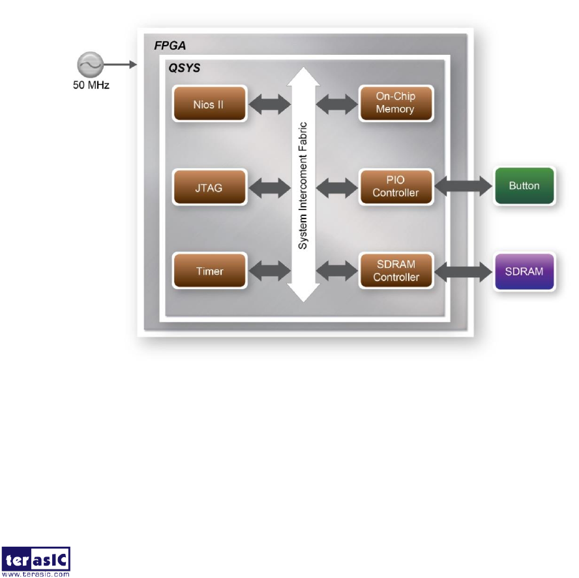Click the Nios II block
[209, 104]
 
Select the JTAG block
[209, 187]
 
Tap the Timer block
[209, 271]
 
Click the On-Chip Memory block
[395, 103]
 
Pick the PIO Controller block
[395, 187]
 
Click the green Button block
[524, 186]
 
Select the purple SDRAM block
[524, 271]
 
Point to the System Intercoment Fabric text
[304, 185]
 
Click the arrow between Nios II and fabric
[269, 103]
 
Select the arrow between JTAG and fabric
[269, 187]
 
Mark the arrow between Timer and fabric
[269, 271]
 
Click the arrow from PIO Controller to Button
[462, 187]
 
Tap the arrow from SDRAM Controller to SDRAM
[462, 271]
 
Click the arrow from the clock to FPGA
[119, 65]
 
